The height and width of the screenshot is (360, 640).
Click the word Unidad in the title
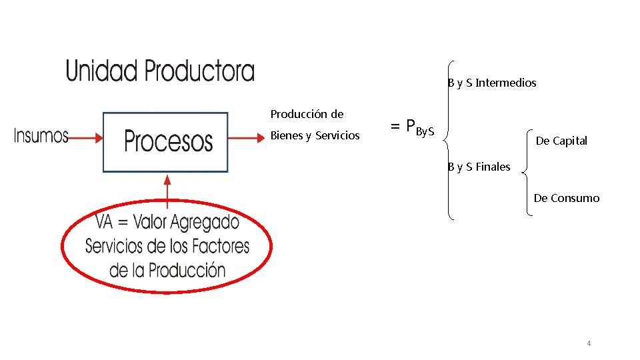click(101, 71)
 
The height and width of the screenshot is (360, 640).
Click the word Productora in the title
click(199, 71)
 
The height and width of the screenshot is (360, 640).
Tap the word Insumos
click(41, 137)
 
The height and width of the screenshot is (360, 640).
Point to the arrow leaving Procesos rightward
click(247, 138)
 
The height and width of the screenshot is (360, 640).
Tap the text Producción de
click(307, 114)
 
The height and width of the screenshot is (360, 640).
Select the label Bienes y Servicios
click(315, 136)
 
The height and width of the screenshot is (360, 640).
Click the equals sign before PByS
click(395, 126)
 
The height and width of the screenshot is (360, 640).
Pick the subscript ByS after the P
click(425, 131)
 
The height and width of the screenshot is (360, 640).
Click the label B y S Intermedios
click(492, 83)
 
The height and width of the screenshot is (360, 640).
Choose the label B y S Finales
click(479, 167)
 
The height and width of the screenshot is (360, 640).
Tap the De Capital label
click(561, 141)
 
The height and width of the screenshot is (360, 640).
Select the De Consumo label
click(566, 198)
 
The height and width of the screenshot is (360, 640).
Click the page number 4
click(589, 343)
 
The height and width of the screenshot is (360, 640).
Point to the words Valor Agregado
click(195, 222)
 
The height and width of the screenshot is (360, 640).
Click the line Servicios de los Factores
click(167, 246)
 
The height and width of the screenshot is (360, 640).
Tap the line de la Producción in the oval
click(167, 270)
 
